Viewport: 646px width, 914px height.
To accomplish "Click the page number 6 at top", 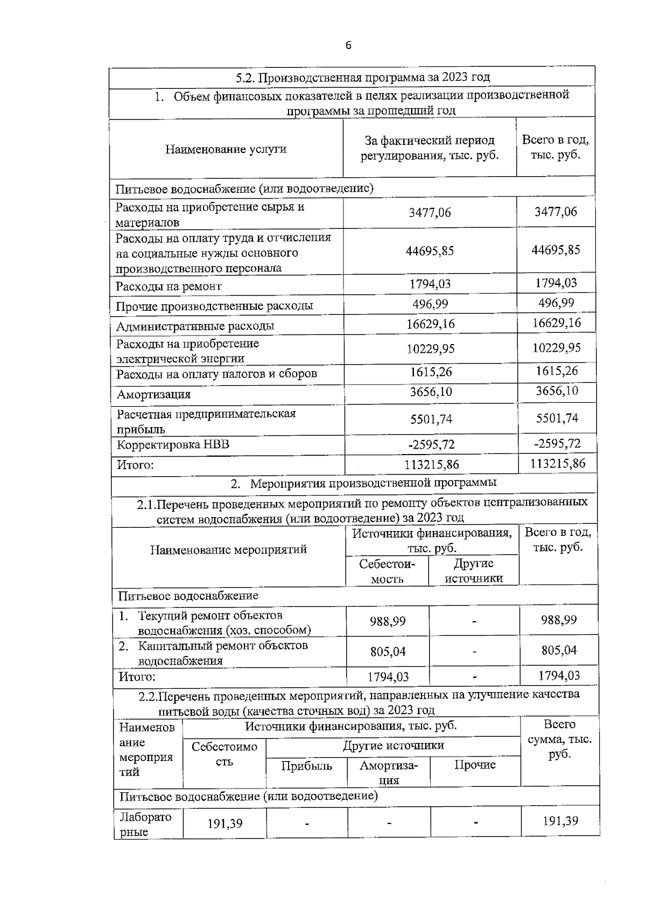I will [348, 46].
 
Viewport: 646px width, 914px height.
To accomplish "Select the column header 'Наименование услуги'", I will [226, 149].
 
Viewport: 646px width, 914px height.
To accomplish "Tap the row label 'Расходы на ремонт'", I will [168, 287].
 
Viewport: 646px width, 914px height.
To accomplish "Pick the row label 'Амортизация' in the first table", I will [154, 394].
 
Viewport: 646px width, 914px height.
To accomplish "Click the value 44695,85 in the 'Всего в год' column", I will [556, 250].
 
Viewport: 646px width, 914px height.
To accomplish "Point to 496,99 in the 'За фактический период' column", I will [430, 304].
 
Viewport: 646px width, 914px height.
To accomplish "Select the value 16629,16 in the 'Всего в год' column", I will [557, 323].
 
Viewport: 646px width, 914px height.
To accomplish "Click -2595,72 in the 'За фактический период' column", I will [431, 444].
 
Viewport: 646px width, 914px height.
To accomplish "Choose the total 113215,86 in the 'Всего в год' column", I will [557, 463].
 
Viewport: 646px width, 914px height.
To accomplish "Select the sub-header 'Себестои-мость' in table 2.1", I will [387, 571].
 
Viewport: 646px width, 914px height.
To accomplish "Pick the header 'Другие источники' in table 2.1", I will [474, 571].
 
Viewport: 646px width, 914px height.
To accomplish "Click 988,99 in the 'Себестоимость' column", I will [388, 622].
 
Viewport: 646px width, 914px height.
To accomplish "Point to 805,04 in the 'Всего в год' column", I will [559, 650].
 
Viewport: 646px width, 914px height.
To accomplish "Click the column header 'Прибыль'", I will [306, 766].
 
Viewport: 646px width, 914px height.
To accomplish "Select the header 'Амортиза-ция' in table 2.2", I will [388, 772].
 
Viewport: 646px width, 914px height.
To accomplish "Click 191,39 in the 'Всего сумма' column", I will [560, 821].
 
